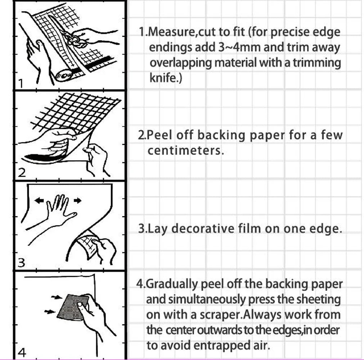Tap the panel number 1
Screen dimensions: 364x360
(x=21, y=84)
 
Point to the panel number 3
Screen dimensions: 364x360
(x=21, y=263)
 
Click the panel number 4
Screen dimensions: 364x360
(x=22, y=353)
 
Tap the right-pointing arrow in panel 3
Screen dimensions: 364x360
(x=77, y=200)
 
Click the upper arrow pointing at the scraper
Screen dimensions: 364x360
(x=57, y=297)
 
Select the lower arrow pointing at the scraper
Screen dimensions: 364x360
(x=50, y=311)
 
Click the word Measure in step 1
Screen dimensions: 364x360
(x=172, y=32)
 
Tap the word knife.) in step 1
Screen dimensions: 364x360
(x=166, y=77)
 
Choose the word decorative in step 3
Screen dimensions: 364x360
(x=203, y=229)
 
